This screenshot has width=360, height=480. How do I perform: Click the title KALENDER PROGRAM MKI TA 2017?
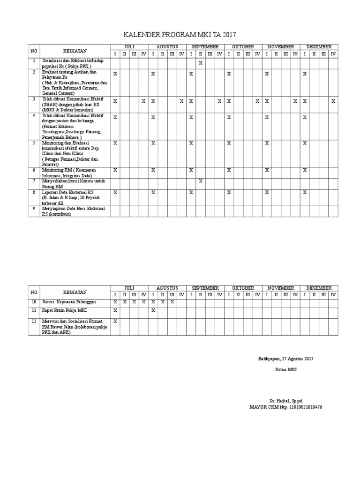coord(180,35)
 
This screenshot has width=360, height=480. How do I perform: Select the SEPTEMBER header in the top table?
coord(205,47)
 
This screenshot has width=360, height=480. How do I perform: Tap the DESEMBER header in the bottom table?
coord(319,287)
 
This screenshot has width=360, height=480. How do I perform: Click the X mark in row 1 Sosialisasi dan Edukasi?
coord(200,62)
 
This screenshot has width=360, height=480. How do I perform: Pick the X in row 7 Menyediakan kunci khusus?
coord(200,181)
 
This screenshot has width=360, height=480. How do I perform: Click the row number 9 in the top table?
coord(34,208)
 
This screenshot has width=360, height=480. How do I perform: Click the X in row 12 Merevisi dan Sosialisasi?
coord(115,321)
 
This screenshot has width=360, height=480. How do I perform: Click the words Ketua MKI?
coord(285,370)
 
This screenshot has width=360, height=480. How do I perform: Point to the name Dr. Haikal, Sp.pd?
coord(285,401)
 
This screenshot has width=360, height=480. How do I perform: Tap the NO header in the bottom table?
coord(34,291)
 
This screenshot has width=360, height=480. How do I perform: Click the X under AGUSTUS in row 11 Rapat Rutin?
coord(153,310)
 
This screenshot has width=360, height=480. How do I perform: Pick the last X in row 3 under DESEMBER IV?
coord(333,101)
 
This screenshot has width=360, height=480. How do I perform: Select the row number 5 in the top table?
coord(34,142)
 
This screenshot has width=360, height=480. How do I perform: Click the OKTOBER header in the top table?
coord(243,47)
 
